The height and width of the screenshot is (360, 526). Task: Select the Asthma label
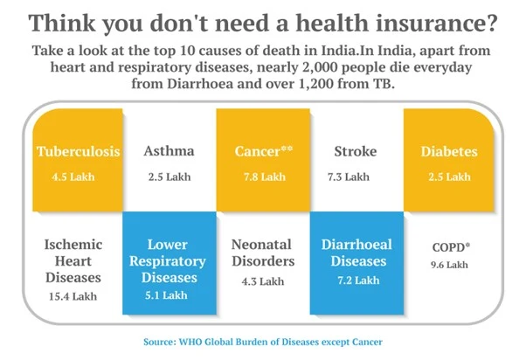click(x=169, y=151)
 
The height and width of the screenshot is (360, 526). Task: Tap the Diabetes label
click(x=449, y=151)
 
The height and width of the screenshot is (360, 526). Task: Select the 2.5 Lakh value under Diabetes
click(x=449, y=177)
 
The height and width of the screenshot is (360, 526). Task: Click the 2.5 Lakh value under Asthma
click(x=169, y=177)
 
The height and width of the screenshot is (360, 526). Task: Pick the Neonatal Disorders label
click(x=263, y=253)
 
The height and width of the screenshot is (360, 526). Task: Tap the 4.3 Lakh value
click(x=263, y=281)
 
